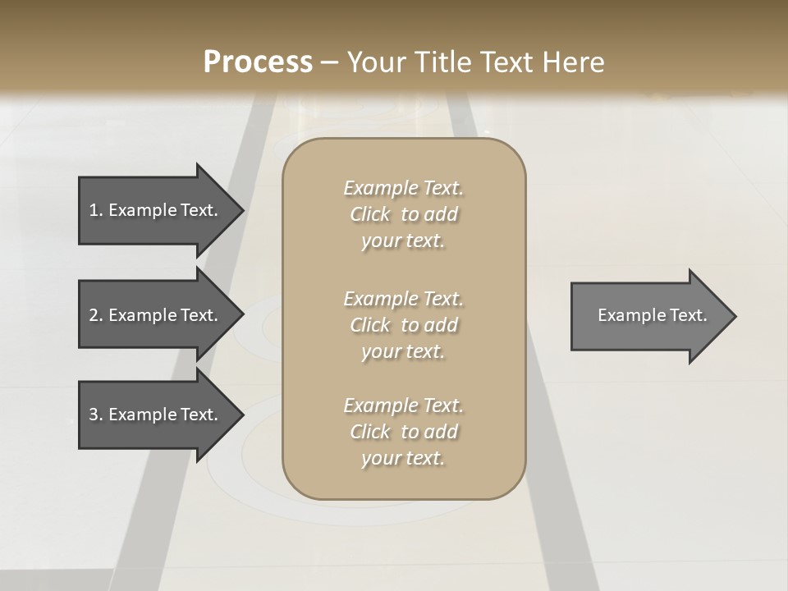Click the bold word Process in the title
(x=258, y=62)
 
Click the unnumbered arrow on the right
(x=648, y=315)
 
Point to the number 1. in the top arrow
(x=96, y=210)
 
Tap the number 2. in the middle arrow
(x=96, y=315)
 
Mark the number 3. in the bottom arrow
(x=96, y=415)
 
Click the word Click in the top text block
(x=370, y=214)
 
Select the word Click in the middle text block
(x=370, y=325)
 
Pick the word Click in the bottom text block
(x=370, y=432)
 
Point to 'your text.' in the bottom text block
(x=403, y=458)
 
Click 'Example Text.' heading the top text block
(x=403, y=188)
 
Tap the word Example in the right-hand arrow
(x=626, y=315)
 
